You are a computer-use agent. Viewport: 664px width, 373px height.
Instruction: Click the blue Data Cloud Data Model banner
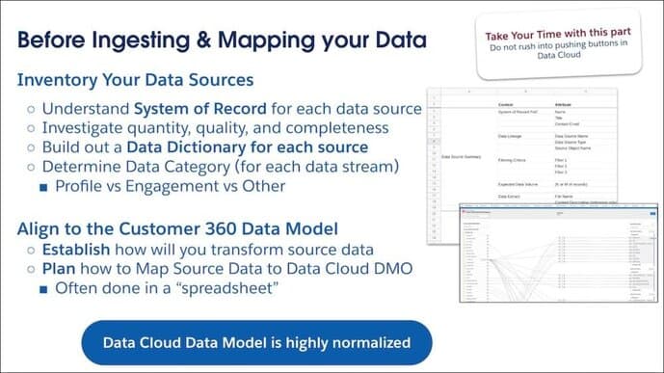(x=256, y=342)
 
